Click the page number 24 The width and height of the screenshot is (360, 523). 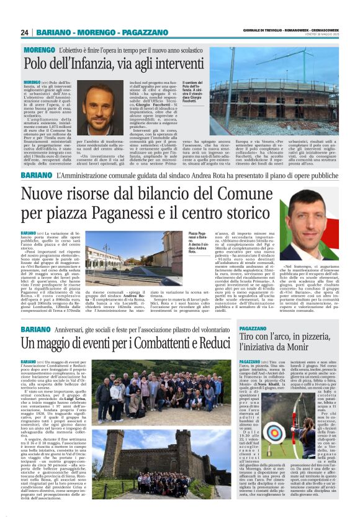point(25,32)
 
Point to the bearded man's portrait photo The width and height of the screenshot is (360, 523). point(99,107)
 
